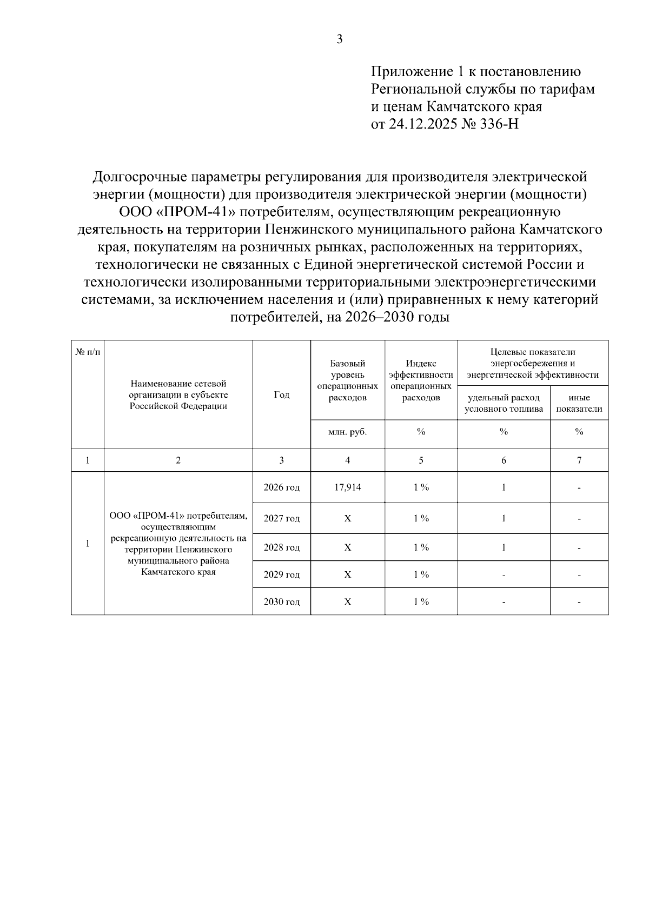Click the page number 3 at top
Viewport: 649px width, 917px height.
pyautogui.click(x=339, y=39)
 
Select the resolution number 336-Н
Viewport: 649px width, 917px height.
pyautogui.click(x=499, y=124)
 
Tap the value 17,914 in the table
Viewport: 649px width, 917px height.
pyautogui.click(x=347, y=487)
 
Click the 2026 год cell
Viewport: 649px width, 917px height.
pyautogui.click(x=281, y=487)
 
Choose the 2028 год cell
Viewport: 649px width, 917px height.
pyautogui.click(x=281, y=547)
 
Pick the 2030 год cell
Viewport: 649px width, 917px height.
pyautogui.click(x=281, y=602)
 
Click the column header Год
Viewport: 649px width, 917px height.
pyautogui.click(x=281, y=395)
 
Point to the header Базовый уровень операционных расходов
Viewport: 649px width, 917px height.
pyautogui.click(x=347, y=380)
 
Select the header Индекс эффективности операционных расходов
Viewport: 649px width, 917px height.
pyautogui.click(x=421, y=380)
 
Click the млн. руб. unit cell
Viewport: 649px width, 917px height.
pyautogui.click(x=347, y=432)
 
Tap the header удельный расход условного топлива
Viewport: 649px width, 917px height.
pyautogui.click(x=504, y=403)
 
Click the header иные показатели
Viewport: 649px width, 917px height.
pyautogui.click(x=579, y=403)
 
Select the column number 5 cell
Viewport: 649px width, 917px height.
pyautogui.click(x=421, y=460)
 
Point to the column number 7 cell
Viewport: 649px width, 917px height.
pyautogui.click(x=579, y=460)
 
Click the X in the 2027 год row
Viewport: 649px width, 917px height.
pyautogui.click(x=347, y=519)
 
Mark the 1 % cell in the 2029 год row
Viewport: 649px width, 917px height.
pyautogui.click(x=421, y=574)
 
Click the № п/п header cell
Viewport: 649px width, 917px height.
pyautogui.click(x=87, y=352)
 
